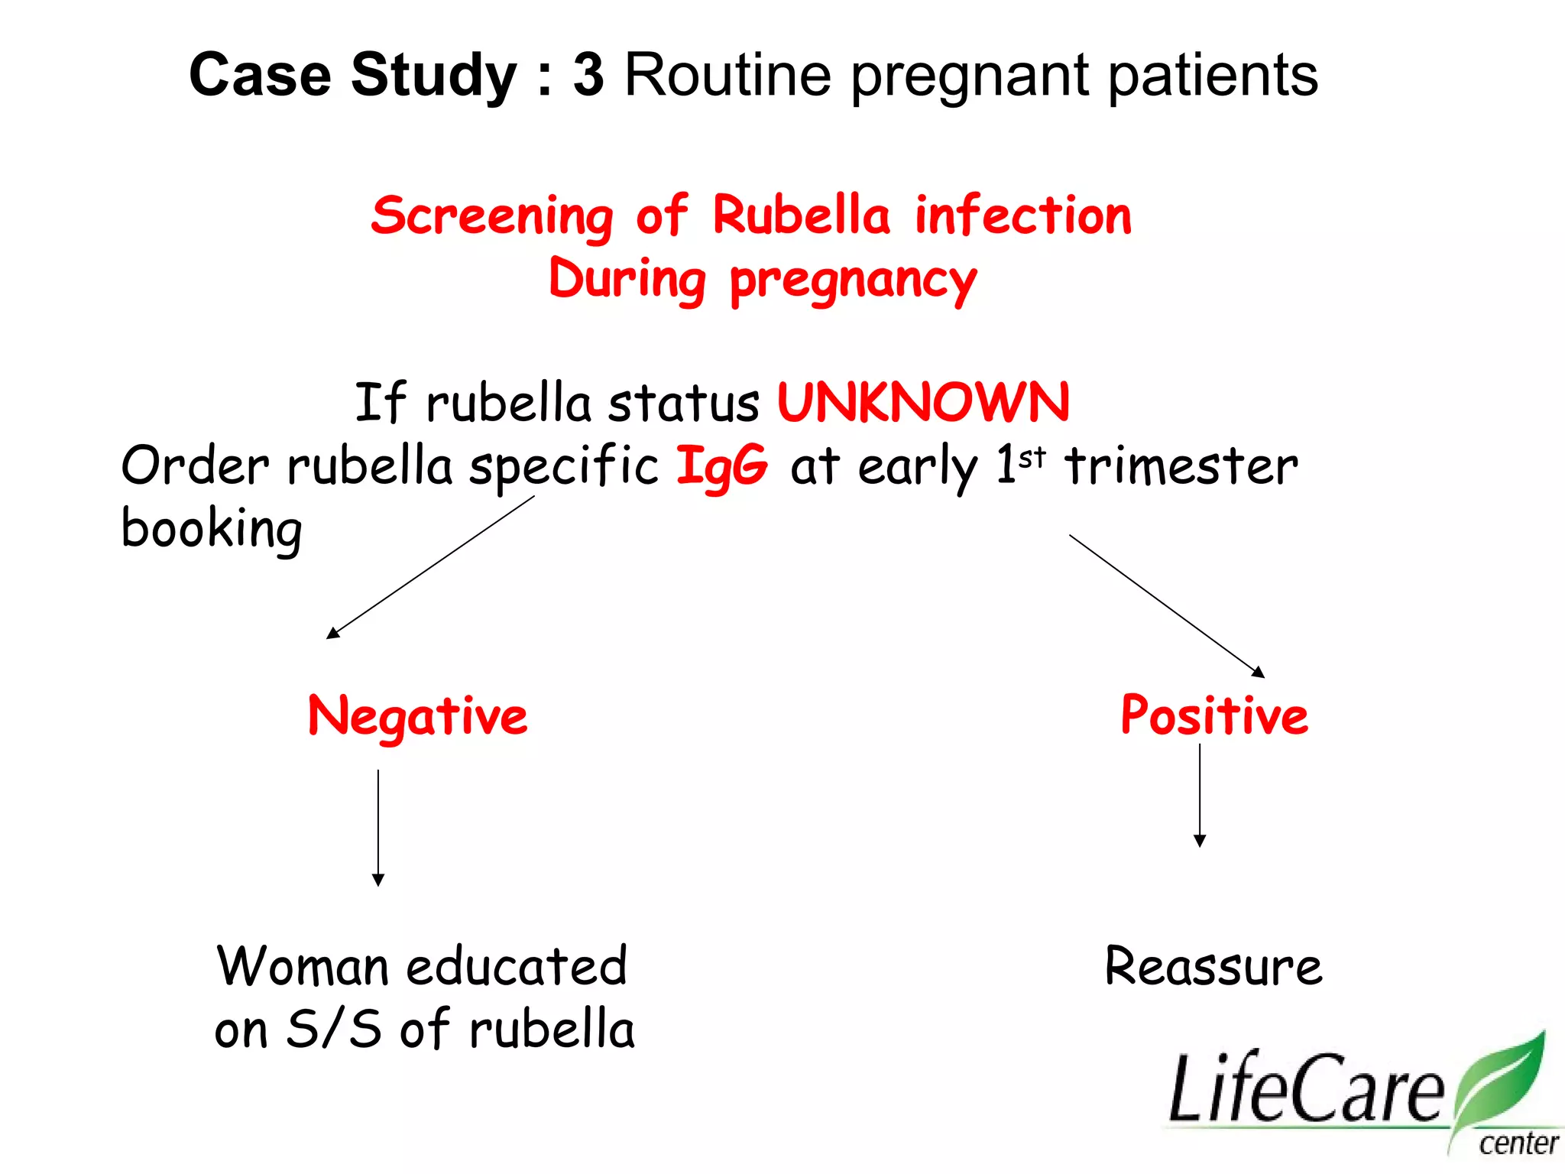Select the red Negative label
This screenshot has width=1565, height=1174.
[x=417, y=716]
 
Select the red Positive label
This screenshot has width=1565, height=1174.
[x=1214, y=716]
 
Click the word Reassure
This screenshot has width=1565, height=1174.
[x=1213, y=966]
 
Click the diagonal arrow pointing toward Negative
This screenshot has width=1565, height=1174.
[x=430, y=567]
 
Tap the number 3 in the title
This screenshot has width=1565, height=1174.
[x=588, y=75]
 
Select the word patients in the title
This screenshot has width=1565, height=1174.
[x=1213, y=76]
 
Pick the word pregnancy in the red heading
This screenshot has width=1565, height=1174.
[x=853, y=281]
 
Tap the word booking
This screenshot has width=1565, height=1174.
[x=212, y=529]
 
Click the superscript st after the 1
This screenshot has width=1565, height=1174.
[x=1032, y=456]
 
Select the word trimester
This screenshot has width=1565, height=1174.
[x=1181, y=465]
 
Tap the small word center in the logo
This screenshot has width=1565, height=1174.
[x=1518, y=1144]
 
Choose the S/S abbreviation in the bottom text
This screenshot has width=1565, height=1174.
[x=333, y=1029]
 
